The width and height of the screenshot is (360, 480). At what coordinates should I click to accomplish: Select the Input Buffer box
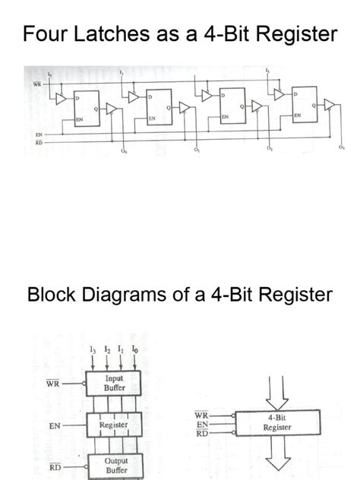click(113, 382)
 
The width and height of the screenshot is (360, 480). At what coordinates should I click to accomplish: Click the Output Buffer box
click(114, 465)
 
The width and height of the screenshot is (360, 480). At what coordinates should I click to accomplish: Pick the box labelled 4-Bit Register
click(276, 422)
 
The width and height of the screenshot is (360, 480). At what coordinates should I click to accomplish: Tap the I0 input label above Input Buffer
click(134, 350)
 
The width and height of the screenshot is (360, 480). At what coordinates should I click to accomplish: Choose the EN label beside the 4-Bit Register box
click(201, 425)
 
